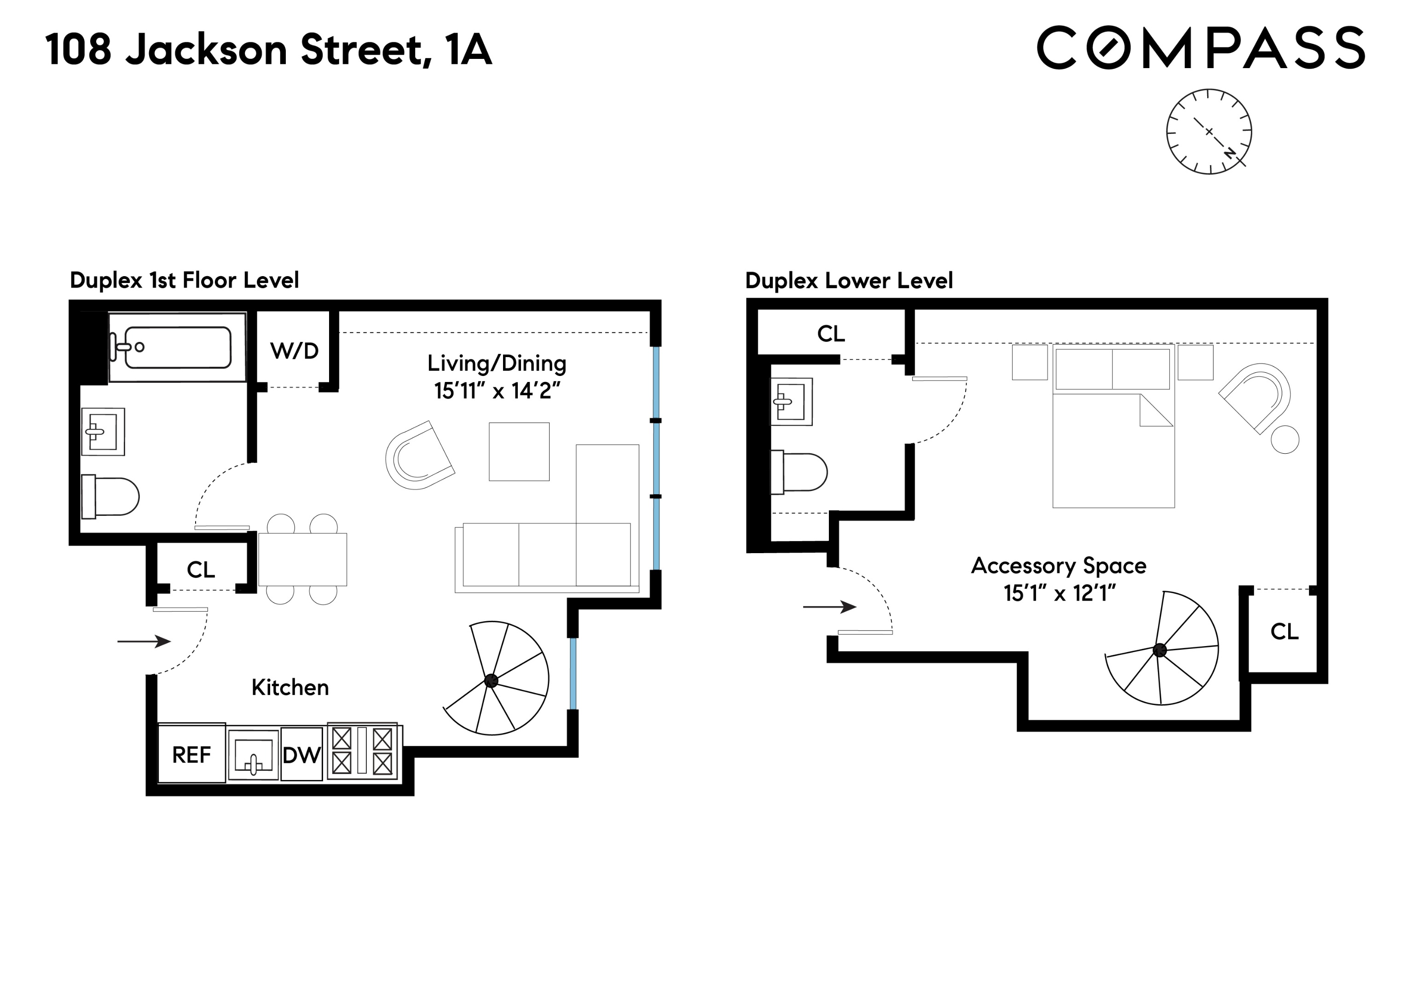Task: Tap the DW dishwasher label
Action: pos(301,755)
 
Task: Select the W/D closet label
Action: pos(295,351)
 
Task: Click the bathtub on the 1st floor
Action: pos(178,347)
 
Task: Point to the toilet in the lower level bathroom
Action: pos(799,472)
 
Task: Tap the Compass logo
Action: pos(1200,48)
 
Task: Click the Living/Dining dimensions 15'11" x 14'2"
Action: pos(497,391)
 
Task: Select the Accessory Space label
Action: pos(1058,565)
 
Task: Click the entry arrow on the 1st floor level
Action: pos(144,641)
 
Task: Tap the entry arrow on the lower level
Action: pos(829,607)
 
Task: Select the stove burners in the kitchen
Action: pos(362,751)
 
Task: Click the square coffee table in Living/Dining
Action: pos(519,451)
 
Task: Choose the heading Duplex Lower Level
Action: pos(849,281)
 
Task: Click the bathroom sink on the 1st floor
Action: pos(103,432)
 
